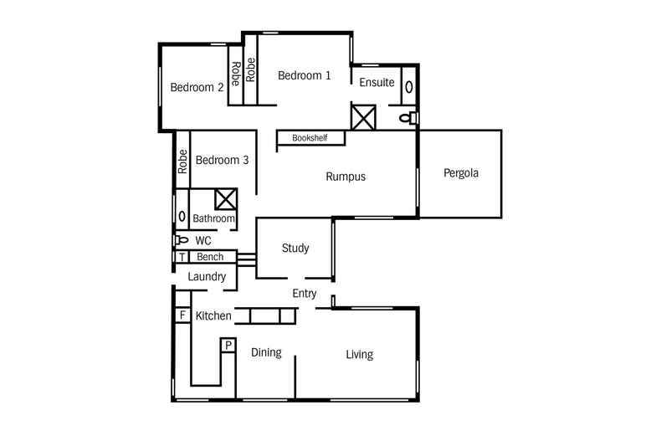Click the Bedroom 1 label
coord(304,75)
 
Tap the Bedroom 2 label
coord(197,87)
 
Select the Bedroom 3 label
coord(222,160)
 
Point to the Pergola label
coord(460,174)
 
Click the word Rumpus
coord(346,177)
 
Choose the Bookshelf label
coord(310,138)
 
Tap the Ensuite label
coord(377,82)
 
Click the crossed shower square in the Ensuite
coord(364,116)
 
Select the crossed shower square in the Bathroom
coord(226,199)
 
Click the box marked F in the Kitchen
coord(181,315)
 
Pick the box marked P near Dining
coord(228,345)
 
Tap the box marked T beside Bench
coord(181,257)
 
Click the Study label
coord(295,248)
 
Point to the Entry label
coord(304,293)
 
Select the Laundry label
coord(207,276)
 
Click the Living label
coord(360,355)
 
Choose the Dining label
coord(266,352)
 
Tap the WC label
coord(202,240)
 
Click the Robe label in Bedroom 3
coord(182,161)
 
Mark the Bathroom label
coord(213,219)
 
